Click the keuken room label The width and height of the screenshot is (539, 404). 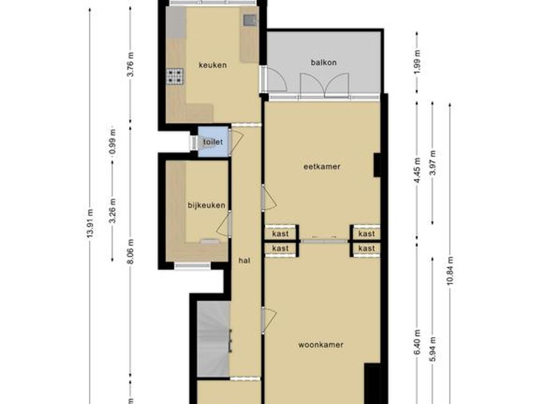click(x=213, y=65)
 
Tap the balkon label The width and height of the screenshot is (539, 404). click(x=323, y=62)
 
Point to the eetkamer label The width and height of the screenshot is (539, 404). click(x=322, y=167)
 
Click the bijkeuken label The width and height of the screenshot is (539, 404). click(x=207, y=205)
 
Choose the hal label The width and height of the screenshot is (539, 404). click(x=244, y=260)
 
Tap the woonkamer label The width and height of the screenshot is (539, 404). click(x=321, y=345)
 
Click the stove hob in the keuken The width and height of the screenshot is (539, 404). click(x=174, y=77)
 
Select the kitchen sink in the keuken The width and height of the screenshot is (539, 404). click(x=249, y=21)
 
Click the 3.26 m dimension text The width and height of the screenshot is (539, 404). click(x=112, y=210)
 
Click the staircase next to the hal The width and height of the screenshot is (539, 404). click(x=213, y=339)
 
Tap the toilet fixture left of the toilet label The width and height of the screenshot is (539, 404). click(x=196, y=143)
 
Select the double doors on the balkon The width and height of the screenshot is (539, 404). click(x=324, y=85)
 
